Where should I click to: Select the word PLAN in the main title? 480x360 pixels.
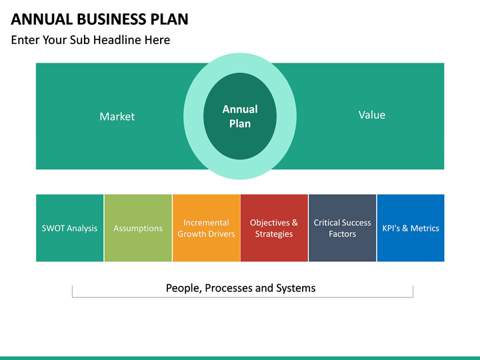click(167, 19)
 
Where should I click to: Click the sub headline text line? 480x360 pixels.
click(90, 40)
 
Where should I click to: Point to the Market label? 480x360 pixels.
click(117, 117)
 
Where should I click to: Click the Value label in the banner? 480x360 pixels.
click(371, 115)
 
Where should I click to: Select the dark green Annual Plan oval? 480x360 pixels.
click(240, 116)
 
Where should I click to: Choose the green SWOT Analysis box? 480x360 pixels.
click(69, 228)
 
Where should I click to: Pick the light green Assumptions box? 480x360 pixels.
click(138, 228)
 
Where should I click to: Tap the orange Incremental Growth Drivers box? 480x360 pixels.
click(206, 228)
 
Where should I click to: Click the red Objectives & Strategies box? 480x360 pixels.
click(274, 228)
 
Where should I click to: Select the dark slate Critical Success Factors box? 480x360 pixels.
click(342, 228)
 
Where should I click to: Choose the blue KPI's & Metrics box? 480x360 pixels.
click(411, 228)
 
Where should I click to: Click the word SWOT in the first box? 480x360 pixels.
click(53, 228)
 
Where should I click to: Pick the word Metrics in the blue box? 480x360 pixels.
click(425, 228)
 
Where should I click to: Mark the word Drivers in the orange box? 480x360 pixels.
click(221, 234)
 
